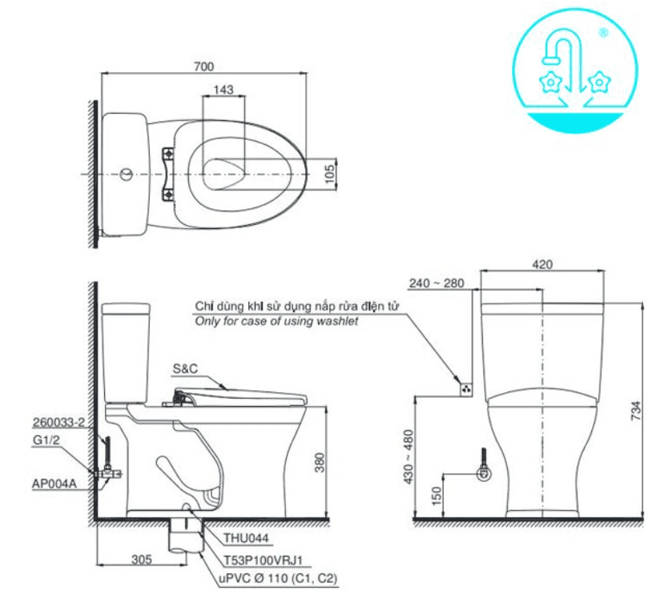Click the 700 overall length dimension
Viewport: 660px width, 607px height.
click(x=203, y=66)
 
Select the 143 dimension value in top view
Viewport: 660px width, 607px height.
click(x=224, y=90)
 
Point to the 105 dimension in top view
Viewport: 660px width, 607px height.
click(x=329, y=172)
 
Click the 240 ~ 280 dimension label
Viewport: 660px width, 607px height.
click(x=436, y=283)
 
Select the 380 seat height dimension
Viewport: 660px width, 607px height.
click(x=320, y=463)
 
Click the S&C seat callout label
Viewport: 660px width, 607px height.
click(x=184, y=369)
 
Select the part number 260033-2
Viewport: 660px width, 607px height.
click(x=58, y=422)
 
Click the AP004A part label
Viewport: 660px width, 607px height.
click(x=53, y=483)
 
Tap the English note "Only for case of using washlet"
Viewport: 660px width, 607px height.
click(x=277, y=321)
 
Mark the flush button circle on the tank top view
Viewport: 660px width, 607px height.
click(x=125, y=174)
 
